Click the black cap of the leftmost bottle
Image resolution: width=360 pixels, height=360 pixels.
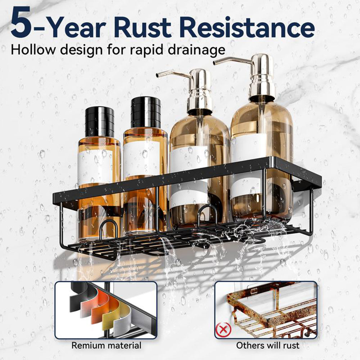click(100, 122)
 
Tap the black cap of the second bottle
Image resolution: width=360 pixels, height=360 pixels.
click(145, 112)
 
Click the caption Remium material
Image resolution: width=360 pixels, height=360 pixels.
click(106, 345)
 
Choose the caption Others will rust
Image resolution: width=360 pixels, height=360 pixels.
click(268, 345)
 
